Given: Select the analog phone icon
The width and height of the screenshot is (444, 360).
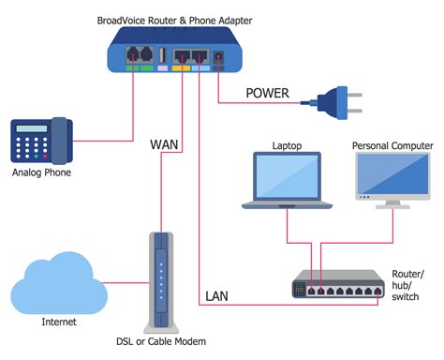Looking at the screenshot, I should pos(41,141).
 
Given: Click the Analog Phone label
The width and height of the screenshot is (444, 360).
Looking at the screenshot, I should pos(41,172).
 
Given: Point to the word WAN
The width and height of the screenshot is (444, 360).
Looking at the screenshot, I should pos(166,145).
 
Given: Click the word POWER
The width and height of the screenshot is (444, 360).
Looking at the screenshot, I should pos(267,93).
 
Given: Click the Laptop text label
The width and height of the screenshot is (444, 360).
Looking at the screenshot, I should pos(288,146).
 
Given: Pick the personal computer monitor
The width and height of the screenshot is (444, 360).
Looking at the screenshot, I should pos(392,182).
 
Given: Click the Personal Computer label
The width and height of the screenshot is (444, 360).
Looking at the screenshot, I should pos(393,146).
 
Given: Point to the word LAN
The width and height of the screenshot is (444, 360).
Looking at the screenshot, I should pos(217,297).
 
